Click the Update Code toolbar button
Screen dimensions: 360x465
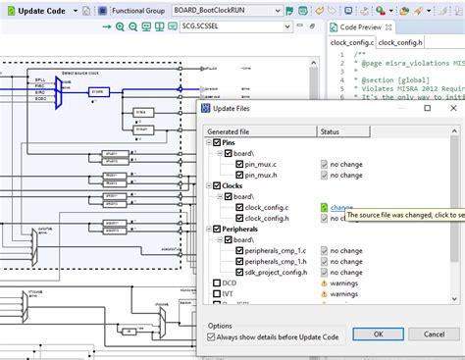39,11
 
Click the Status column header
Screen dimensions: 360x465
331,130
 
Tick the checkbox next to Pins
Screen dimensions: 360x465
215,143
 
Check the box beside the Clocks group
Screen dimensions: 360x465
215,185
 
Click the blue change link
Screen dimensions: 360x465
341,207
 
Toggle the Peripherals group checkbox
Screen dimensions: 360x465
215,229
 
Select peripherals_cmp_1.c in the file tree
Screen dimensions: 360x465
280,250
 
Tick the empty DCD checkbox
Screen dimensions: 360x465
215,283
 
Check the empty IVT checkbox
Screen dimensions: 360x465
215,293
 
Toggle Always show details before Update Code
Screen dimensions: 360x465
211,337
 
